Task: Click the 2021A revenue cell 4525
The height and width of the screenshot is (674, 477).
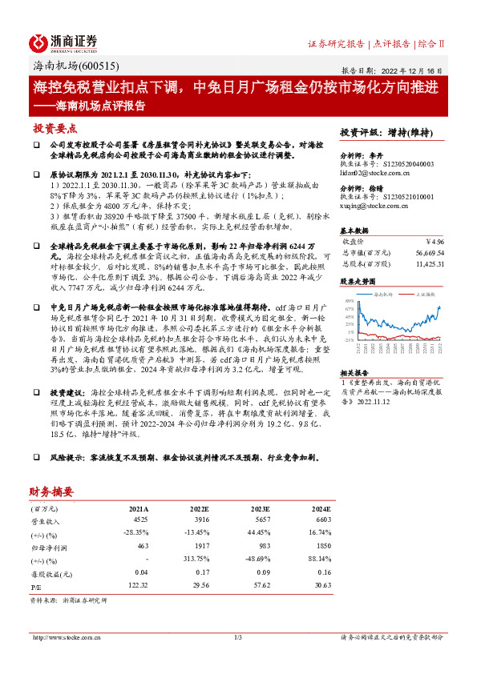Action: pos(140,520)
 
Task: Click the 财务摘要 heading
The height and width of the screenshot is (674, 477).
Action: pos(52,491)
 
